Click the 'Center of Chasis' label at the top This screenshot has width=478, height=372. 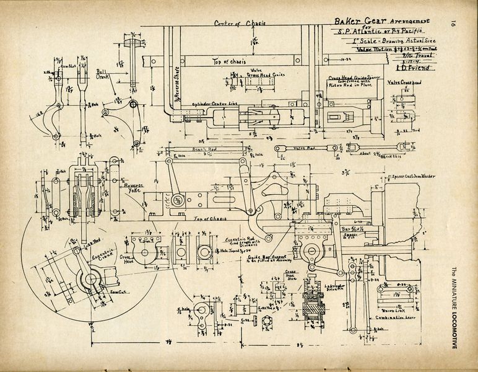(240, 24)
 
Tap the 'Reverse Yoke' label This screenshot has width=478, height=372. (131, 187)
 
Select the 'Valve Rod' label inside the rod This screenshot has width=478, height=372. (304, 149)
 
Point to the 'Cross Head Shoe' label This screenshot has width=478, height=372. (291, 275)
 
